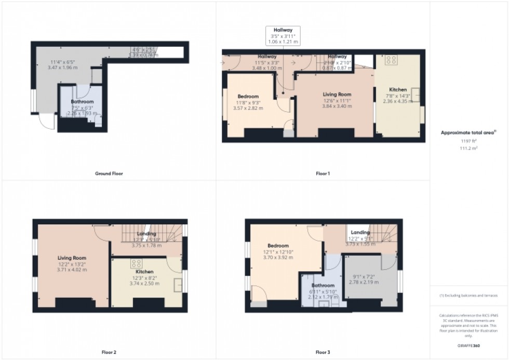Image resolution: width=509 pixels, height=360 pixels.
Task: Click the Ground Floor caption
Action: pos(109,174)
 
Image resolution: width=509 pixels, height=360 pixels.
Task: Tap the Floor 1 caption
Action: pos(323,174)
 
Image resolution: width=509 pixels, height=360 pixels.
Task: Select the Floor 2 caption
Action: pos(109,353)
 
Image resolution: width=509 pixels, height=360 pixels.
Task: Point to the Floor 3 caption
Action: pos(323,353)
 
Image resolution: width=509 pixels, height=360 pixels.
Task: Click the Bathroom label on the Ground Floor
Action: pos(82,102)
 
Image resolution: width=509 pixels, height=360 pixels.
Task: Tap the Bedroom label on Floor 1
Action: pos(248,97)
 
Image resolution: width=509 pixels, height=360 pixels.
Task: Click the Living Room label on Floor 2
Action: pos(72,258)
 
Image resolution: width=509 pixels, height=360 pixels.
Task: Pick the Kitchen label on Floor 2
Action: pos(144,272)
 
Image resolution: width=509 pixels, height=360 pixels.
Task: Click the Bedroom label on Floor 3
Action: pos(278,246)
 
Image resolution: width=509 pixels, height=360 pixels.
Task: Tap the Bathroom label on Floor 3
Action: pos(323,286)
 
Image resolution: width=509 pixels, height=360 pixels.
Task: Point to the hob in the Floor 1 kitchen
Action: pos(391,60)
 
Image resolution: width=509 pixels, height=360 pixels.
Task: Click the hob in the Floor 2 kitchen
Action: pos(137,263)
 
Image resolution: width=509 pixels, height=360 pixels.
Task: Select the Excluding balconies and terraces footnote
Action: pos(468,296)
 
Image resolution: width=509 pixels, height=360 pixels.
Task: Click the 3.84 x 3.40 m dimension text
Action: pos(334,107)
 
